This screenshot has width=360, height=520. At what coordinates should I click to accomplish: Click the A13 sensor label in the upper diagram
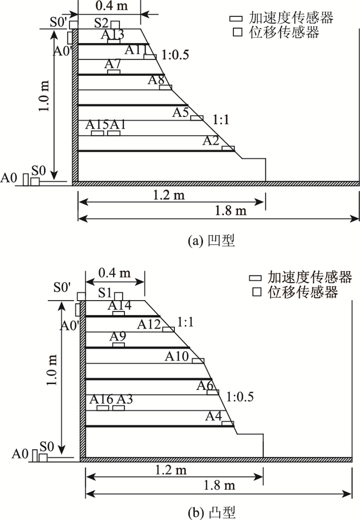tap(112, 35)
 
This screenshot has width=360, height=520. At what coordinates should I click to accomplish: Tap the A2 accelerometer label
tap(211, 140)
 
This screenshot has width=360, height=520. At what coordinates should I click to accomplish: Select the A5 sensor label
tap(181, 112)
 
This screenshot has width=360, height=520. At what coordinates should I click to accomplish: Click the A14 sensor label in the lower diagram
tap(120, 306)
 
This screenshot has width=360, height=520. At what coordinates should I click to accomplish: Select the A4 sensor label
tap(213, 416)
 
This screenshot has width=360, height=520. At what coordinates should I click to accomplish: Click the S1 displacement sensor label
tap(105, 293)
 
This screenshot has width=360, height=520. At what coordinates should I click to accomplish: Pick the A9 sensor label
tap(118, 337)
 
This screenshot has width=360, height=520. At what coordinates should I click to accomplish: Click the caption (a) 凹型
tap(212, 240)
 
